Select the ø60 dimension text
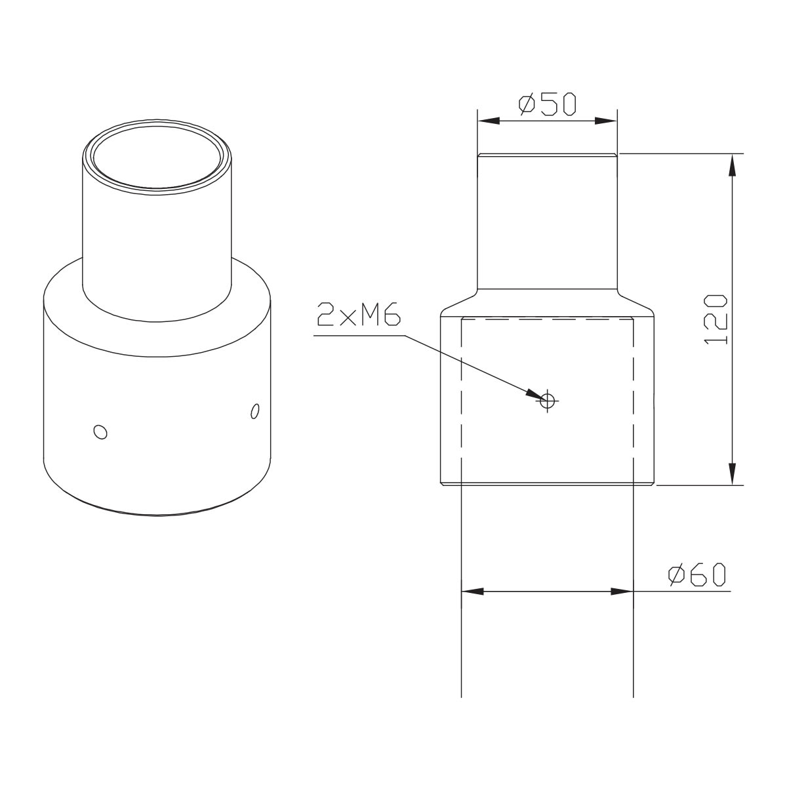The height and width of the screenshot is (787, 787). click(x=696, y=575)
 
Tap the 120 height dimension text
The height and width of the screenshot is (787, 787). click(x=716, y=319)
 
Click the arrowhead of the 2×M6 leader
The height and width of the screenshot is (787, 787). click(x=532, y=393)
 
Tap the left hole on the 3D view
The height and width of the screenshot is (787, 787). click(x=100, y=432)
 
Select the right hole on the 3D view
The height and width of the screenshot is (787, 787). click(x=255, y=411)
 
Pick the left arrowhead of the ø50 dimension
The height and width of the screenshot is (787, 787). click(x=488, y=121)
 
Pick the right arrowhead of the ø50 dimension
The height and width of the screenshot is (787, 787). click(x=606, y=121)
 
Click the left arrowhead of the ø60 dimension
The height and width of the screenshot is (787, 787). click(x=472, y=592)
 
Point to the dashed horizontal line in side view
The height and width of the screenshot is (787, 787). click(x=547, y=319)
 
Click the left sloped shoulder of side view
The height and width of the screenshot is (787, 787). click(x=458, y=302)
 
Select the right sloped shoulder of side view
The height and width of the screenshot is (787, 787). click(x=636, y=302)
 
